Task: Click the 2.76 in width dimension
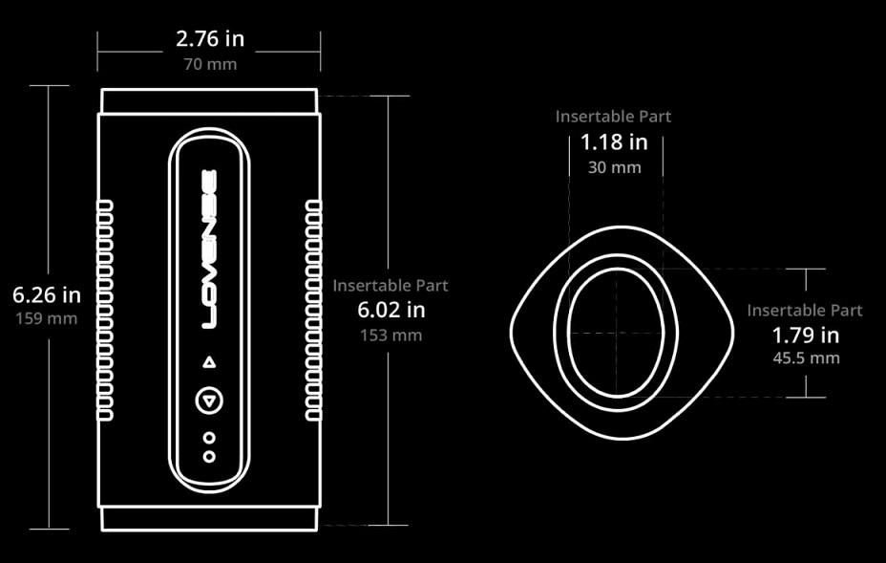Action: pos(210,39)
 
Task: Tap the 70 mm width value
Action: pos(210,64)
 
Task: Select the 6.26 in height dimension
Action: pos(47,294)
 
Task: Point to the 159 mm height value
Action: pos(47,318)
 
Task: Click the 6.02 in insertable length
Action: pos(391,310)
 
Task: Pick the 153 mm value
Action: pos(391,335)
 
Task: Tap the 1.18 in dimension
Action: pos(614,142)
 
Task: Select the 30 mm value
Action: pos(614,167)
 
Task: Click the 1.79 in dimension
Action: pos(806,336)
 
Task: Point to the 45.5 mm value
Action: pos(807,358)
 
